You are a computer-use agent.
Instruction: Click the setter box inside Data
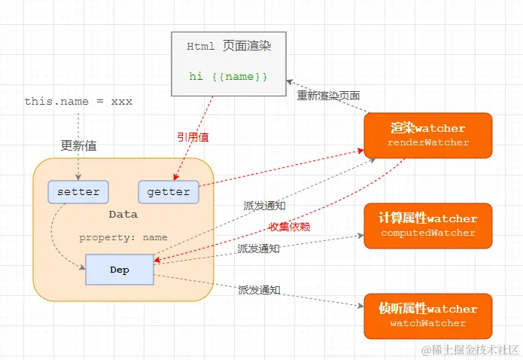(78, 192)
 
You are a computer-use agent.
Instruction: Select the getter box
(169, 192)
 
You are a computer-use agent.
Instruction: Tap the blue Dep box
(120, 270)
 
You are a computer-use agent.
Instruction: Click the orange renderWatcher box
(427, 135)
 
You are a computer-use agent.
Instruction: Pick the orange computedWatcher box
(427, 225)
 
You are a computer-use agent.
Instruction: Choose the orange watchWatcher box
(427, 316)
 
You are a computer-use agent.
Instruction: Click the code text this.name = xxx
(78, 101)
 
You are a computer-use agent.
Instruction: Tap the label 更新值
(78, 145)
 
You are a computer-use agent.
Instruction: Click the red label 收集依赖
(290, 227)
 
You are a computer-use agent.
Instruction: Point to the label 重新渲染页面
(328, 96)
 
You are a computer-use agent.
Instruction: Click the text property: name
(123, 237)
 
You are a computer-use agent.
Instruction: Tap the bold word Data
(123, 215)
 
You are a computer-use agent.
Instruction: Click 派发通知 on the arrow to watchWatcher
(259, 289)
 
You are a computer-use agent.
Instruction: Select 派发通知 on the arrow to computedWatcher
(259, 248)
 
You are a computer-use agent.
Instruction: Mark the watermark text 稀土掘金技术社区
(470, 350)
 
